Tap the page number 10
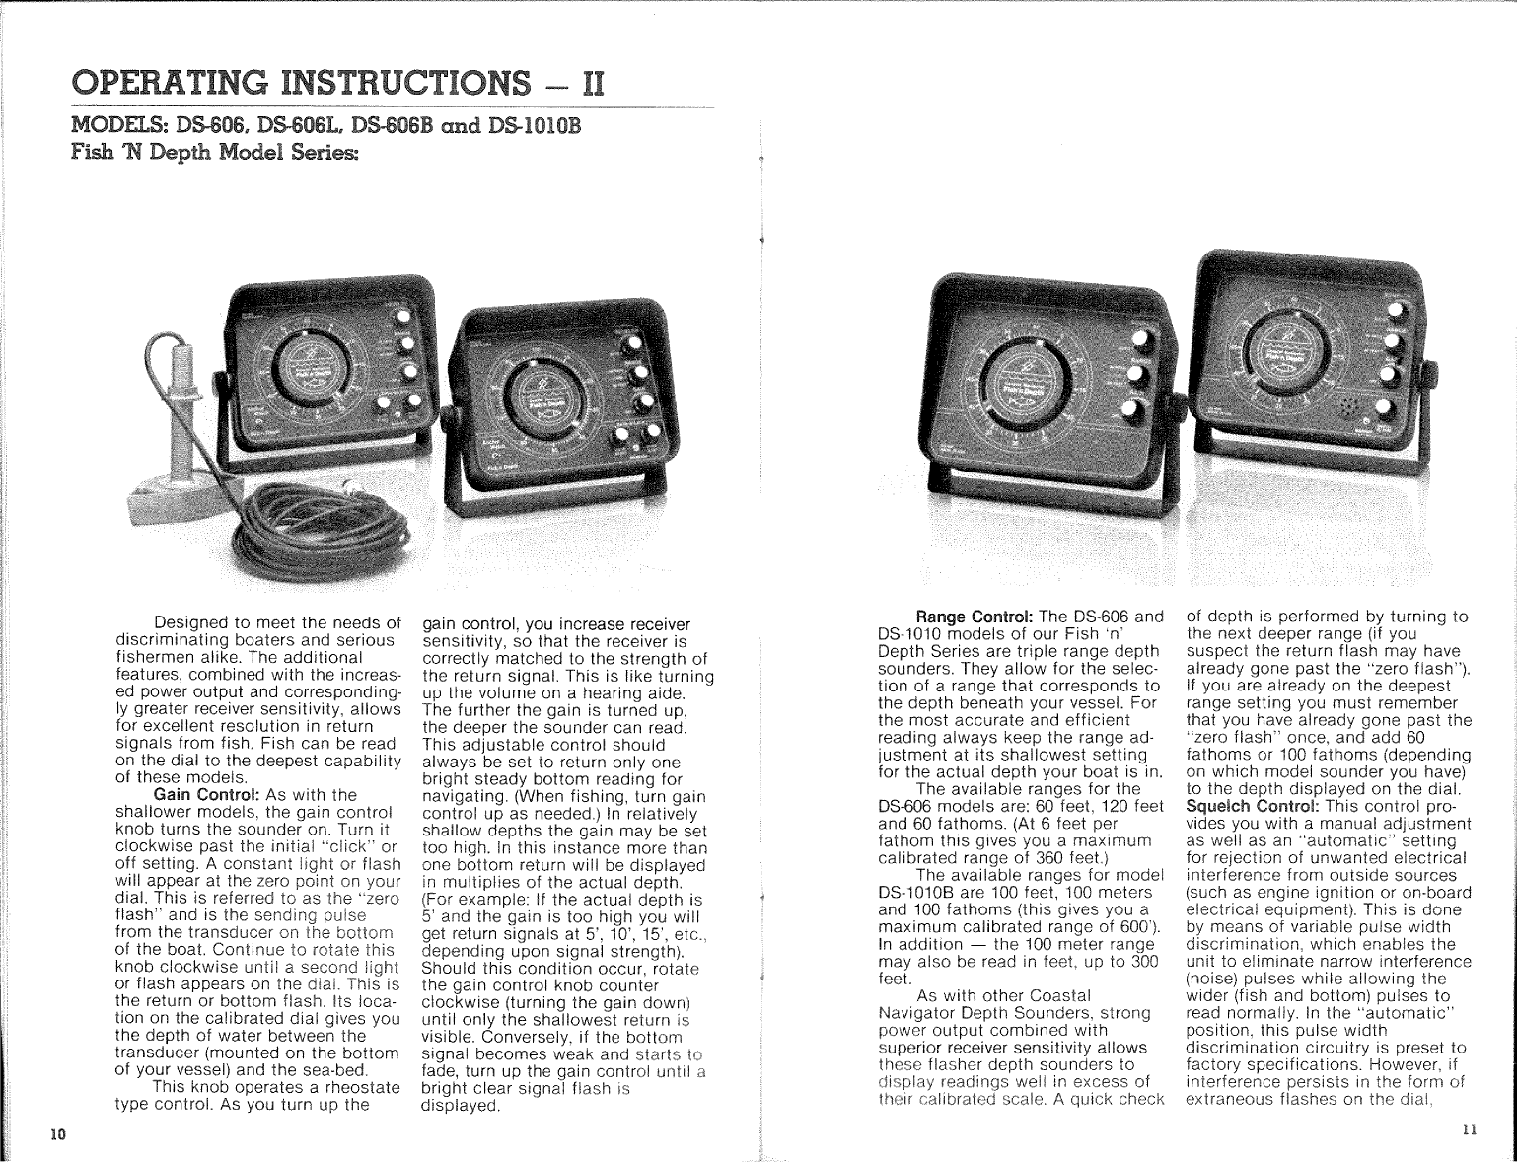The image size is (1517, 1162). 58,1134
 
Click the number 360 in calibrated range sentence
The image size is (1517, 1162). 1039,857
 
